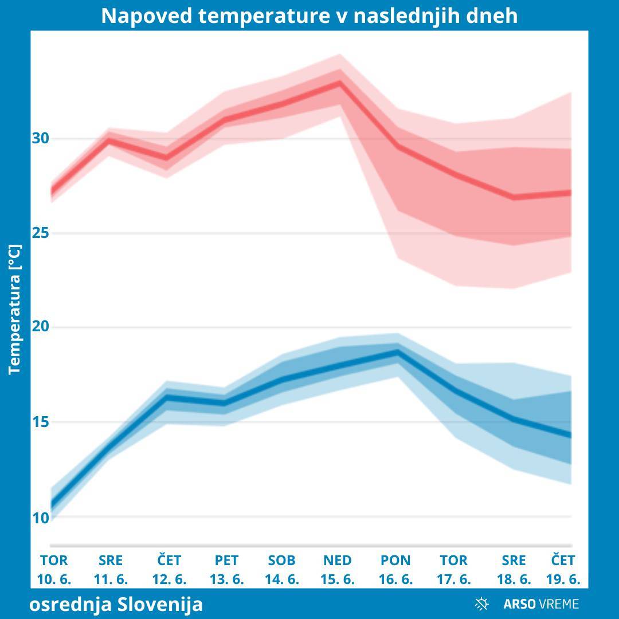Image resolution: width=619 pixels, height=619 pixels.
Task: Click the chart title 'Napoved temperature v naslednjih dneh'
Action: pyautogui.click(x=309, y=15)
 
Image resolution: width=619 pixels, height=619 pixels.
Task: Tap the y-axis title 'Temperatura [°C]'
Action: pyautogui.click(x=15, y=309)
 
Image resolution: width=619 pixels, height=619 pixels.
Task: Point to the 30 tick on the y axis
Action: pyautogui.click(x=41, y=138)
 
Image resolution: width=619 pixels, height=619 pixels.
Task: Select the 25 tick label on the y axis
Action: pyautogui.click(x=41, y=233)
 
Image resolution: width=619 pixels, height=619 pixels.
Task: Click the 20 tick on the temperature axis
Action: pyautogui.click(x=41, y=327)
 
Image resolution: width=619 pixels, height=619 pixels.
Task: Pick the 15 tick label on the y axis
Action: pyautogui.click(x=41, y=422)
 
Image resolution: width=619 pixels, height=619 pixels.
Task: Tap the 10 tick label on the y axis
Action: pyautogui.click(x=41, y=518)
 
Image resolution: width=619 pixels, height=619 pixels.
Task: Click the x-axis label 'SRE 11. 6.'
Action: pyautogui.click(x=111, y=569)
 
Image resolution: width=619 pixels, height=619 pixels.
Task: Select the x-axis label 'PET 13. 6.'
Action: pyautogui.click(x=226, y=569)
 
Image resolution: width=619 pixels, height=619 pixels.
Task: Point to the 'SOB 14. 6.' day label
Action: pyautogui.click(x=281, y=569)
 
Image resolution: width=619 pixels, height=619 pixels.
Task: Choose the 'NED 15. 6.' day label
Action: pyautogui.click(x=338, y=569)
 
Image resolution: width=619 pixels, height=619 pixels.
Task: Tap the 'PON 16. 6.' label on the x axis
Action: pyautogui.click(x=395, y=569)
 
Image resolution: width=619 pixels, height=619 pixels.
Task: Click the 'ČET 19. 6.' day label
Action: pyautogui.click(x=563, y=569)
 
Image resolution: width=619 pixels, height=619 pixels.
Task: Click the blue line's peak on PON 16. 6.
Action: pyautogui.click(x=397, y=352)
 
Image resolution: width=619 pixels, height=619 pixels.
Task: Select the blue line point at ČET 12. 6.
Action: pyautogui.click(x=167, y=397)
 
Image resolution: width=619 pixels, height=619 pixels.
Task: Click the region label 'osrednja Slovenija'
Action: pyautogui.click(x=116, y=604)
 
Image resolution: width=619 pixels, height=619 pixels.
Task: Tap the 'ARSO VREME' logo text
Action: pyautogui.click(x=541, y=604)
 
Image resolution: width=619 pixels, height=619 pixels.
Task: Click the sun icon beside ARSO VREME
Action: pyautogui.click(x=482, y=604)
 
